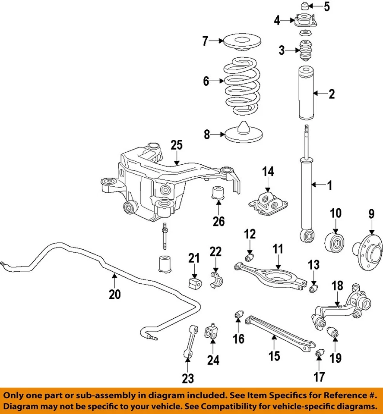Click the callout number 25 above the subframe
point(176,145)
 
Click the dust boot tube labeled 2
point(305,93)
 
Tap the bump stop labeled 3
point(305,51)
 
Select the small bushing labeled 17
point(320,354)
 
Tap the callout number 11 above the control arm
point(277,249)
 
